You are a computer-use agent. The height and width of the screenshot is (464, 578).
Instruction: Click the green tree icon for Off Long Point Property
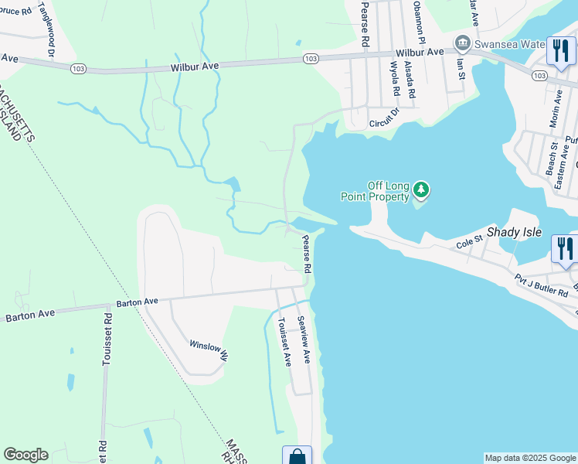point(420,189)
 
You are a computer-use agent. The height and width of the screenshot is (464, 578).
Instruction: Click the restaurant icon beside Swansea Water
point(560,52)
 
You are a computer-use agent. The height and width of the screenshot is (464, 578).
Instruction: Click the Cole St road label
point(469,242)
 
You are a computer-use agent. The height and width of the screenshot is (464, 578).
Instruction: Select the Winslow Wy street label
point(209,350)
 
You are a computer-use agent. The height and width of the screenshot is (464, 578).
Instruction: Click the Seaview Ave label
point(304,341)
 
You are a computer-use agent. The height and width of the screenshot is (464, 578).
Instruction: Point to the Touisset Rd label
point(107,337)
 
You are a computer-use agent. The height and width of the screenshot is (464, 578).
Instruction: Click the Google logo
point(25,455)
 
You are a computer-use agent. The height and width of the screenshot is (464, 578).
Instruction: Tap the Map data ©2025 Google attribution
point(529,458)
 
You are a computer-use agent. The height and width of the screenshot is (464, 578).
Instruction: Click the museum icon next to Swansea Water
point(463,42)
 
